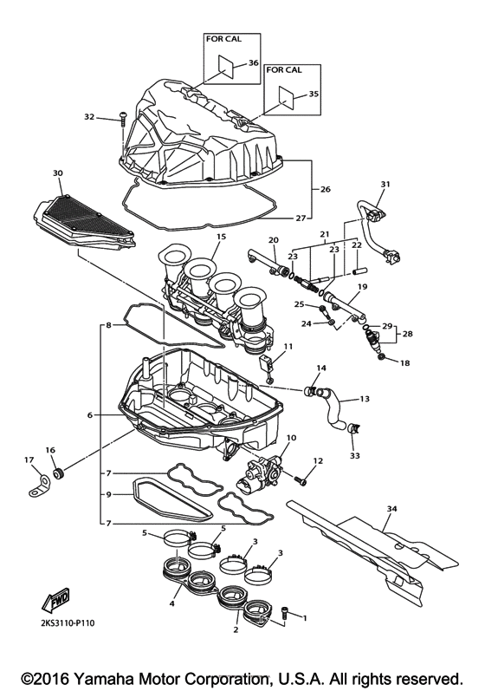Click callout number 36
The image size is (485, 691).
tap(254, 63)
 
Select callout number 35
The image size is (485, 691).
tap(314, 94)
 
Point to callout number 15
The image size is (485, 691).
tap(221, 237)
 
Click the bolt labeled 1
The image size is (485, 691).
tap(288, 613)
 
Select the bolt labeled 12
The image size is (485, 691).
tap(302, 476)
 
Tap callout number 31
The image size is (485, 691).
tap(385, 184)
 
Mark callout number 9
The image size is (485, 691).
tap(108, 494)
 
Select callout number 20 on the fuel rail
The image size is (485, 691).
tap(273, 240)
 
